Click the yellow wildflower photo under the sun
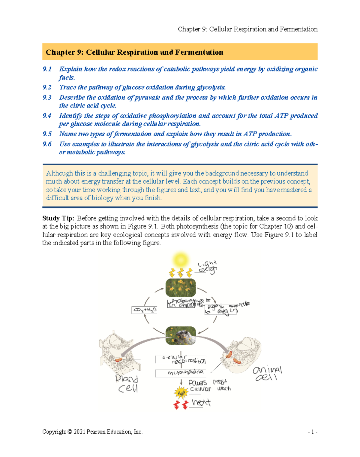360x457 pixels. pos(181,287)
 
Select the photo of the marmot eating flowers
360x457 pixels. pos(181,336)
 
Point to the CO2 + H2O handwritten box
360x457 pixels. pos(144,310)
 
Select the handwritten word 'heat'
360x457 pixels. pos(201,402)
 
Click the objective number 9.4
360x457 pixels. pos(47,116)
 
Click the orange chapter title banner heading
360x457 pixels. pos(134,52)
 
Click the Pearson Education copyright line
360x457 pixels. pos(92,432)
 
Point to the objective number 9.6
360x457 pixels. pos(47,144)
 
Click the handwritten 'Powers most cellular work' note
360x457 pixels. pos(210,386)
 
